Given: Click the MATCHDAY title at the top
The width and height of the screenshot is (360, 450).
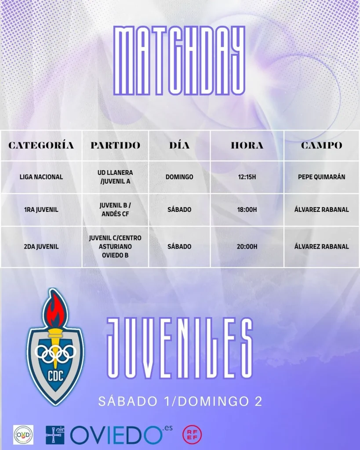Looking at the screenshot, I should tap(179, 60).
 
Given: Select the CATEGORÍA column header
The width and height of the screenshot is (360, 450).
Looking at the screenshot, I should tap(41, 145).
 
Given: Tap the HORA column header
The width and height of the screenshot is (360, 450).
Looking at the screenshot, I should tap(247, 145).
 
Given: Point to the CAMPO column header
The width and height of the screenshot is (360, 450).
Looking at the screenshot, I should tap(321, 145).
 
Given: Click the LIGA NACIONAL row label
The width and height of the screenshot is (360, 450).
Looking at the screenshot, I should tap(41, 177).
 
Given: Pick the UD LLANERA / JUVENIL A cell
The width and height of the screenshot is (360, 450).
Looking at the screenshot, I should tap(115, 177).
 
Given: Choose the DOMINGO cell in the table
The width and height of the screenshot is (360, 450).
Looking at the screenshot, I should tap(179, 177).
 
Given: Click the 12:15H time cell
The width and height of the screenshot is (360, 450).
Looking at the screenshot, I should tap(247, 177).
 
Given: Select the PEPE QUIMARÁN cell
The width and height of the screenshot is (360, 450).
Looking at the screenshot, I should tap(321, 177).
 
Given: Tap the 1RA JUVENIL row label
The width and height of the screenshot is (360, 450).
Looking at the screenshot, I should tap(41, 210).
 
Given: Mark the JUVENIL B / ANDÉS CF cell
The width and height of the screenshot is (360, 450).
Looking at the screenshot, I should tap(115, 210).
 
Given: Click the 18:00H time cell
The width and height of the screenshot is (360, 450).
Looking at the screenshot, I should tap(247, 210).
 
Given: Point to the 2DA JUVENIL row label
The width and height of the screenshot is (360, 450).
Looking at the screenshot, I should tap(41, 247).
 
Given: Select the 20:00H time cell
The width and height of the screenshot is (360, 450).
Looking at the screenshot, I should tap(247, 247).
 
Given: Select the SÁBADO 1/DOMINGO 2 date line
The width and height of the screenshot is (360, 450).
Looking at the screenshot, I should tap(180, 401).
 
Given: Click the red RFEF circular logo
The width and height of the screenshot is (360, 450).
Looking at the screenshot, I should tap(192, 434).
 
